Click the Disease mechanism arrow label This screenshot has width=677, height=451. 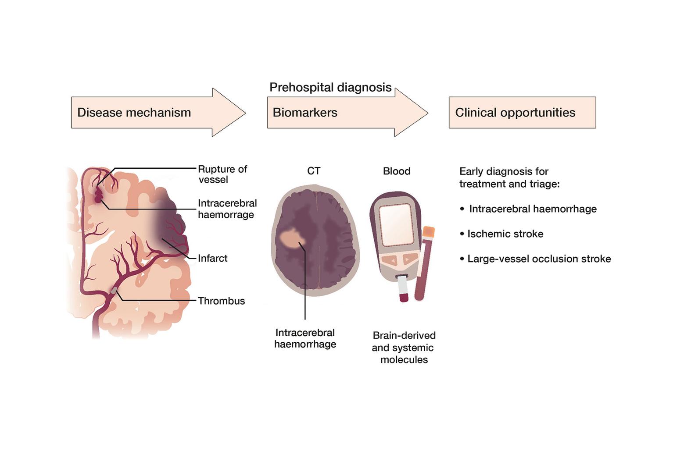pyautogui.click(x=134, y=113)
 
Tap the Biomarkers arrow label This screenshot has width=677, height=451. pyautogui.click(x=305, y=113)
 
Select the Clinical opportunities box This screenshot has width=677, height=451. pyautogui.click(x=522, y=113)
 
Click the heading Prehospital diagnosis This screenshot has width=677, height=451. pyautogui.click(x=330, y=87)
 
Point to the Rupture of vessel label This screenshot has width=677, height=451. pyautogui.click(x=222, y=174)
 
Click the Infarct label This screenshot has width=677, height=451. pyautogui.click(x=212, y=258)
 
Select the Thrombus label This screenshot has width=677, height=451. pyautogui.click(x=221, y=301)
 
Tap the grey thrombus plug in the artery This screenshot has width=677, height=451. pyautogui.click(x=114, y=290)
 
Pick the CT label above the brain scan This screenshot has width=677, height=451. pyautogui.click(x=314, y=171)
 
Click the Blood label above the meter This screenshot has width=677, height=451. pyautogui.click(x=397, y=171)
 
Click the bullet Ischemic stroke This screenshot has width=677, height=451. pyautogui.click(x=505, y=234)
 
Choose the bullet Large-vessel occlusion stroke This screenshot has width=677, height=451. pyautogui.click(x=539, y=259)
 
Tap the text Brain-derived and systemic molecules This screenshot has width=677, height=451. pyautogui.click(x=404, y=347)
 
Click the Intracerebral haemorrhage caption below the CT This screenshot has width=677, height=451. pyautogui.click(x=305, y=338)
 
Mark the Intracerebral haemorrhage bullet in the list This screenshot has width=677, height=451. pyautogui.click(x=533, y=209)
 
